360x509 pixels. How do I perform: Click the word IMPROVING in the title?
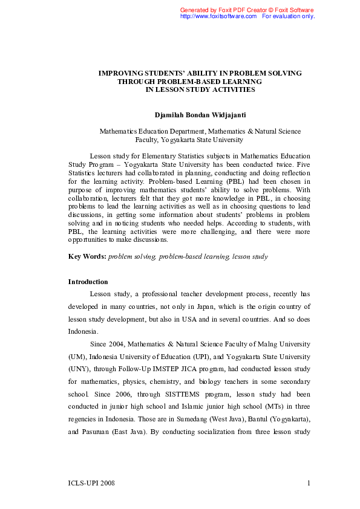[120, 73]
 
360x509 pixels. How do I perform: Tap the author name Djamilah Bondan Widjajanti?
[200, 114]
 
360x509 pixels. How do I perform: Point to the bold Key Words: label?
[87, 257]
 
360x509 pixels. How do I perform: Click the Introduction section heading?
[88, 282]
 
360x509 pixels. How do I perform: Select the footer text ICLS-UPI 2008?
[91, 483]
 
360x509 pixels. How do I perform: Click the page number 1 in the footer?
[309, 483]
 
